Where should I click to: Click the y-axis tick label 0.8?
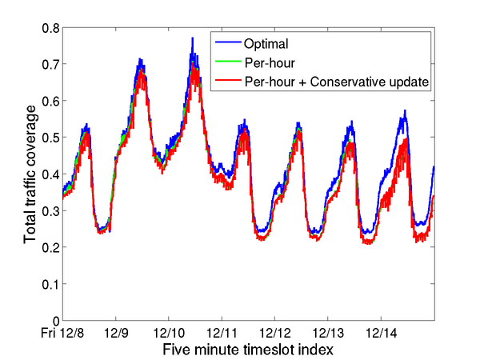[50, 28]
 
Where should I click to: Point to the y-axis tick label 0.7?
[50, 65]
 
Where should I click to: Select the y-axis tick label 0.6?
[50, 102]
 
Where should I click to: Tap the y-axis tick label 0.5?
[50, 138]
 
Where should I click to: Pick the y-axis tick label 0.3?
[50, 211]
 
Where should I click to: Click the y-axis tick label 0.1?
[50, 284]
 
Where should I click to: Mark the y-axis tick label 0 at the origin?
[54, 321]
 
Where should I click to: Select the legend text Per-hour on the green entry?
[266, 62]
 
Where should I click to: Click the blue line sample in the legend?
[227, 43]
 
